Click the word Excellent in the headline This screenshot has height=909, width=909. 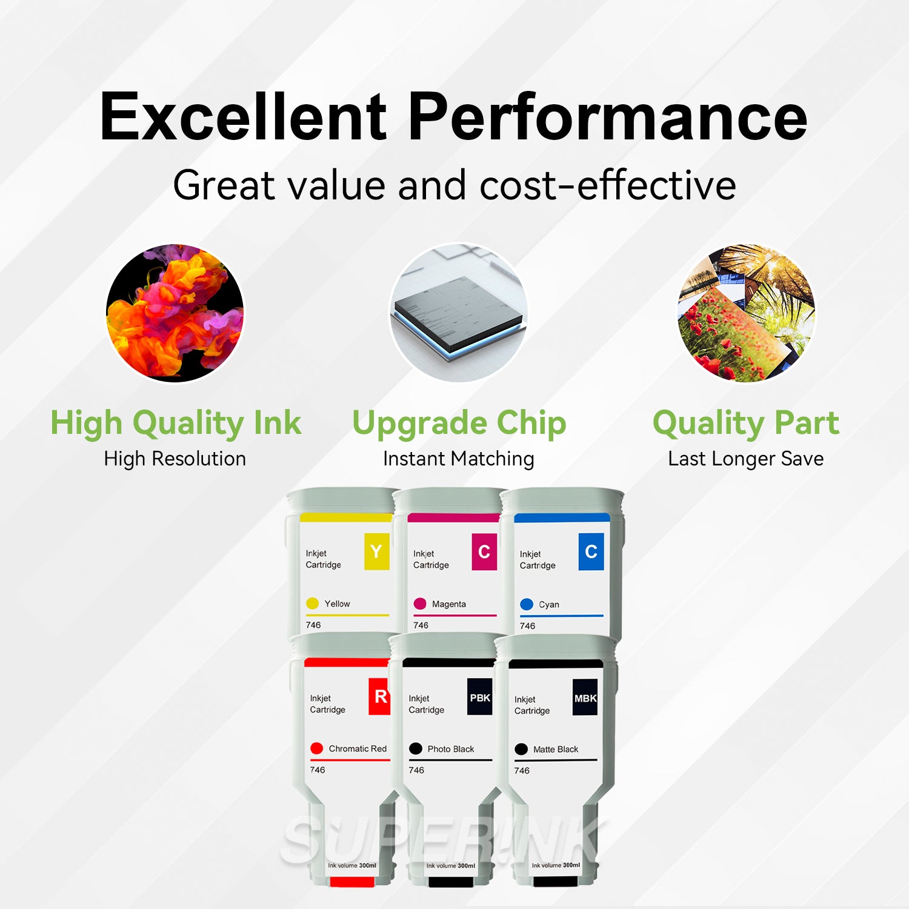coord(243,116)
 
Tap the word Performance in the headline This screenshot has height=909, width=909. coord(608,116)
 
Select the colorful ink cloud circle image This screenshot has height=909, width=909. coord(175,313)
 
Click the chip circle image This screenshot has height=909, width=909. coord(458,313)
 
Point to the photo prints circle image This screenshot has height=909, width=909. coord(746,313)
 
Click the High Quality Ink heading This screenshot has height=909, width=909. coord(176,423)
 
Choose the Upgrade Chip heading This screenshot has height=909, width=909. coord(459,423)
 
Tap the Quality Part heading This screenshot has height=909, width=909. coord(746,423)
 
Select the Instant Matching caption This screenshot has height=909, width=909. coord(458,459)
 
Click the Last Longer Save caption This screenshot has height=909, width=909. coord(745,459)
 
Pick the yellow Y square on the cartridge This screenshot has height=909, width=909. coord(376,551)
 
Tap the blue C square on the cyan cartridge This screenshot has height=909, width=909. coord(591,551)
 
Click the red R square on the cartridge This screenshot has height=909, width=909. coord(380,696)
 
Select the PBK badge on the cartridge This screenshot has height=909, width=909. coord(480,698)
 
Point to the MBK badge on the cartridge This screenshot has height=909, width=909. coord(585,698)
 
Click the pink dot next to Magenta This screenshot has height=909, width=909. coord(420,604)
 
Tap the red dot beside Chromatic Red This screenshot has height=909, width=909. coord(316,748)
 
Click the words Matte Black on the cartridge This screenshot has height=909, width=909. coord(556,750)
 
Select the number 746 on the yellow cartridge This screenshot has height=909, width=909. coord(313,625)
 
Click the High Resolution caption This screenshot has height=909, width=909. coord(175,459)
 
